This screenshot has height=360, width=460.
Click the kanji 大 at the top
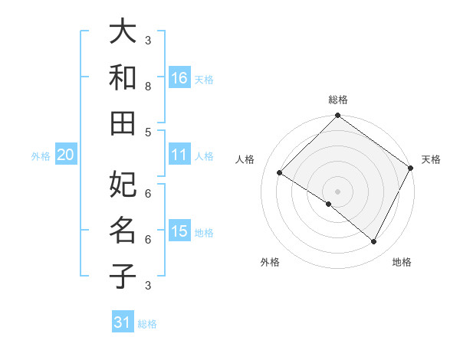click(x=123, y=31)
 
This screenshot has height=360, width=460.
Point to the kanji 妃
click(x=123, y=185)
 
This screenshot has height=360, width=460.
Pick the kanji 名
click(x=123, y=230)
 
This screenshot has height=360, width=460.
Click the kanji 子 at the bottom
click(x=123, y=275)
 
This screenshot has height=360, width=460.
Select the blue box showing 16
click(x=179, y=77)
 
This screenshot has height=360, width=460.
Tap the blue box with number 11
click(x=179, y=155)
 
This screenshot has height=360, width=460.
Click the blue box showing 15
click(x=179, y=231)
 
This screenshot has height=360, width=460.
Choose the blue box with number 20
click(x=65, y=155)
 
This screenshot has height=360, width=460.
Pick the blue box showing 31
click(x=123, y=322)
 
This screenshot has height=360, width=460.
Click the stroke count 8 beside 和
click(x=148, y=86)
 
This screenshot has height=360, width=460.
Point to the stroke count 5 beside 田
click(x=148, y=132)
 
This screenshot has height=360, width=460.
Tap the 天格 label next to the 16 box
click(x=204, y=79)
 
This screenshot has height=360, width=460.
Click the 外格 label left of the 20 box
click(x=41, y=156)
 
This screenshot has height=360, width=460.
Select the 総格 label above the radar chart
click(x=337, y=100)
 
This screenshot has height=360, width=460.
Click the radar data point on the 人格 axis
click(x=280, y=173)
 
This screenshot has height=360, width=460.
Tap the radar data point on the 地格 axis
click(x=373, y=241)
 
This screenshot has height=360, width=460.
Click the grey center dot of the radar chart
click(x=337, y=191)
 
